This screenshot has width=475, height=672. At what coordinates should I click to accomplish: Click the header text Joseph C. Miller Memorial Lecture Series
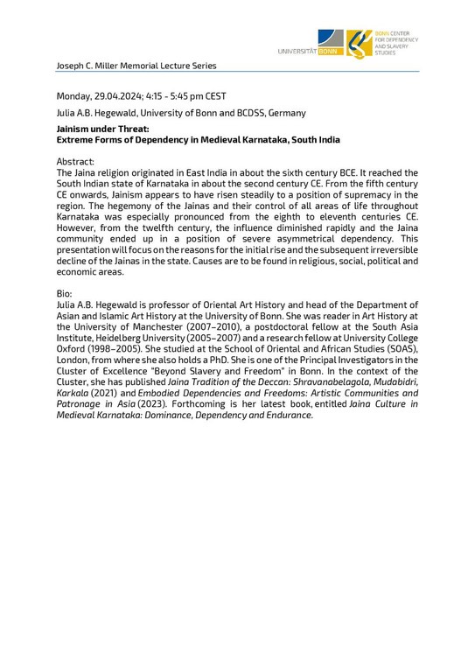click(x=136, y=66)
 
